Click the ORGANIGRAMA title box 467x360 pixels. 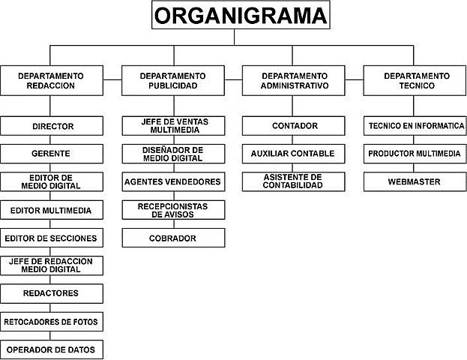pyautogui.click(x=240, y=15)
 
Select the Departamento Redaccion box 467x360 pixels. pyautogui.click(x=52, y=80)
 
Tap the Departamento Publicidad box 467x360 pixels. pyautogui.click(x=173, y=80)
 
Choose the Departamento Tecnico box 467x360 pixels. pyautogui.click(x=416, y=80)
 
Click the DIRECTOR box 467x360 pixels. pyautogui.click(x=52, y=125)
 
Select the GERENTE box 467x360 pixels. pyautogui.click(x=52, y=154)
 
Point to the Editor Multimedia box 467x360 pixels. pyautogui.click(x=52, y=211)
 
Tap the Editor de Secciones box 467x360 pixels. pyautogui.click(x=52, y=238)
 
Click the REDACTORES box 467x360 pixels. pyautogui.click(x=52, y=293)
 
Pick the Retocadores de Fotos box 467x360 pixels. pyautogui.click(x=52, y=322)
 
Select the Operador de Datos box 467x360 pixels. pyautogui.click(x=52, y=349)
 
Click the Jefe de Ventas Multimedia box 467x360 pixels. pyautogui.click(x=173, y=125)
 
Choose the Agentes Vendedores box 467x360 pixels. pyautogui.click(x=173, y=182)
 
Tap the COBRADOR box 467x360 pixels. pyautogui.click(x=173, y=238)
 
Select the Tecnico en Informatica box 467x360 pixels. pyautogui.click(x=416, y=125)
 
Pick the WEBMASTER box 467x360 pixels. pyautogui.click(x=416, y=182)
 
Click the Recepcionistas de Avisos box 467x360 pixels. pyautogui.click(x=173, y=211)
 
